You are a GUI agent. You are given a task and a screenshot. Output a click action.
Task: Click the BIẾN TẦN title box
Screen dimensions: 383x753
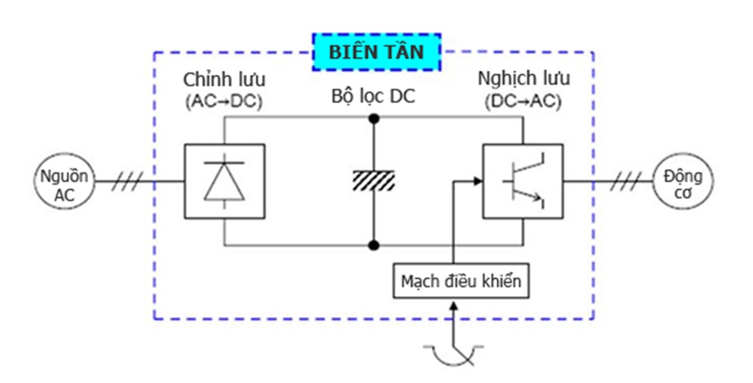pos(376,52)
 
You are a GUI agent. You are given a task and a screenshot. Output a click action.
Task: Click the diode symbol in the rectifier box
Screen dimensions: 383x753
pos(224,181)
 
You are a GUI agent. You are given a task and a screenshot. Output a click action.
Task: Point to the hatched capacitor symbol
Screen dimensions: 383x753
pos(374,179)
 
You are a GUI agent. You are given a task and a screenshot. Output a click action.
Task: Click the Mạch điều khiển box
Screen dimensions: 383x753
pos(461,282)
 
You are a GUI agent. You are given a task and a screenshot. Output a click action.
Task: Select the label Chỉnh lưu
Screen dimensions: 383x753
pos(224,79)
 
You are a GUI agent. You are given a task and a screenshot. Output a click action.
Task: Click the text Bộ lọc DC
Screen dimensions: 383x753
pos(374,96)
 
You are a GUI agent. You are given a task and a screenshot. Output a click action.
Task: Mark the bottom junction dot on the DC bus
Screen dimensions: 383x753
pos(374,245)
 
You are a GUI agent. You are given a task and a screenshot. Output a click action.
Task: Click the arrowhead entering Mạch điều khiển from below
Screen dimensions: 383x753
pos(453,305)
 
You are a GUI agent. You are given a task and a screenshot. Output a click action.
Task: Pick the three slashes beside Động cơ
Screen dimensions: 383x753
pos(625,181)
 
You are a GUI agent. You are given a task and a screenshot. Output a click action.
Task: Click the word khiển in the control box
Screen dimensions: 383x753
pos(502,282)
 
